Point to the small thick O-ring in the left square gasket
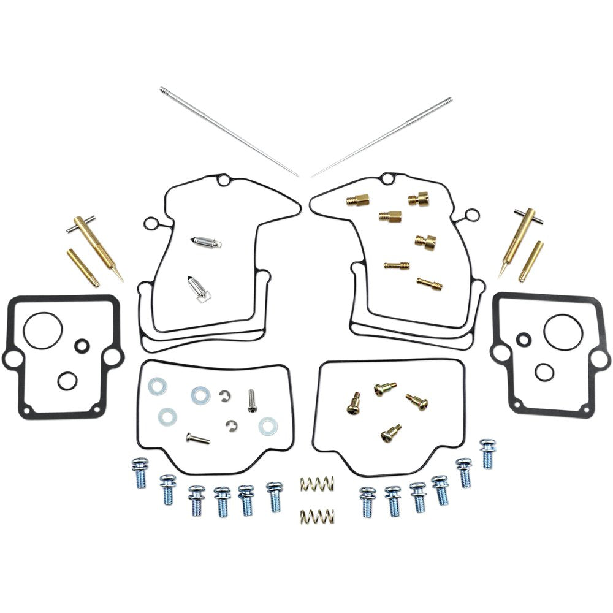[x=82, y=346]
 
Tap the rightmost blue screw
[x=487, y=454]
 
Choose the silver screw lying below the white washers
[x=197, y=438]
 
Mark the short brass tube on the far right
[x=531, y=261]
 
